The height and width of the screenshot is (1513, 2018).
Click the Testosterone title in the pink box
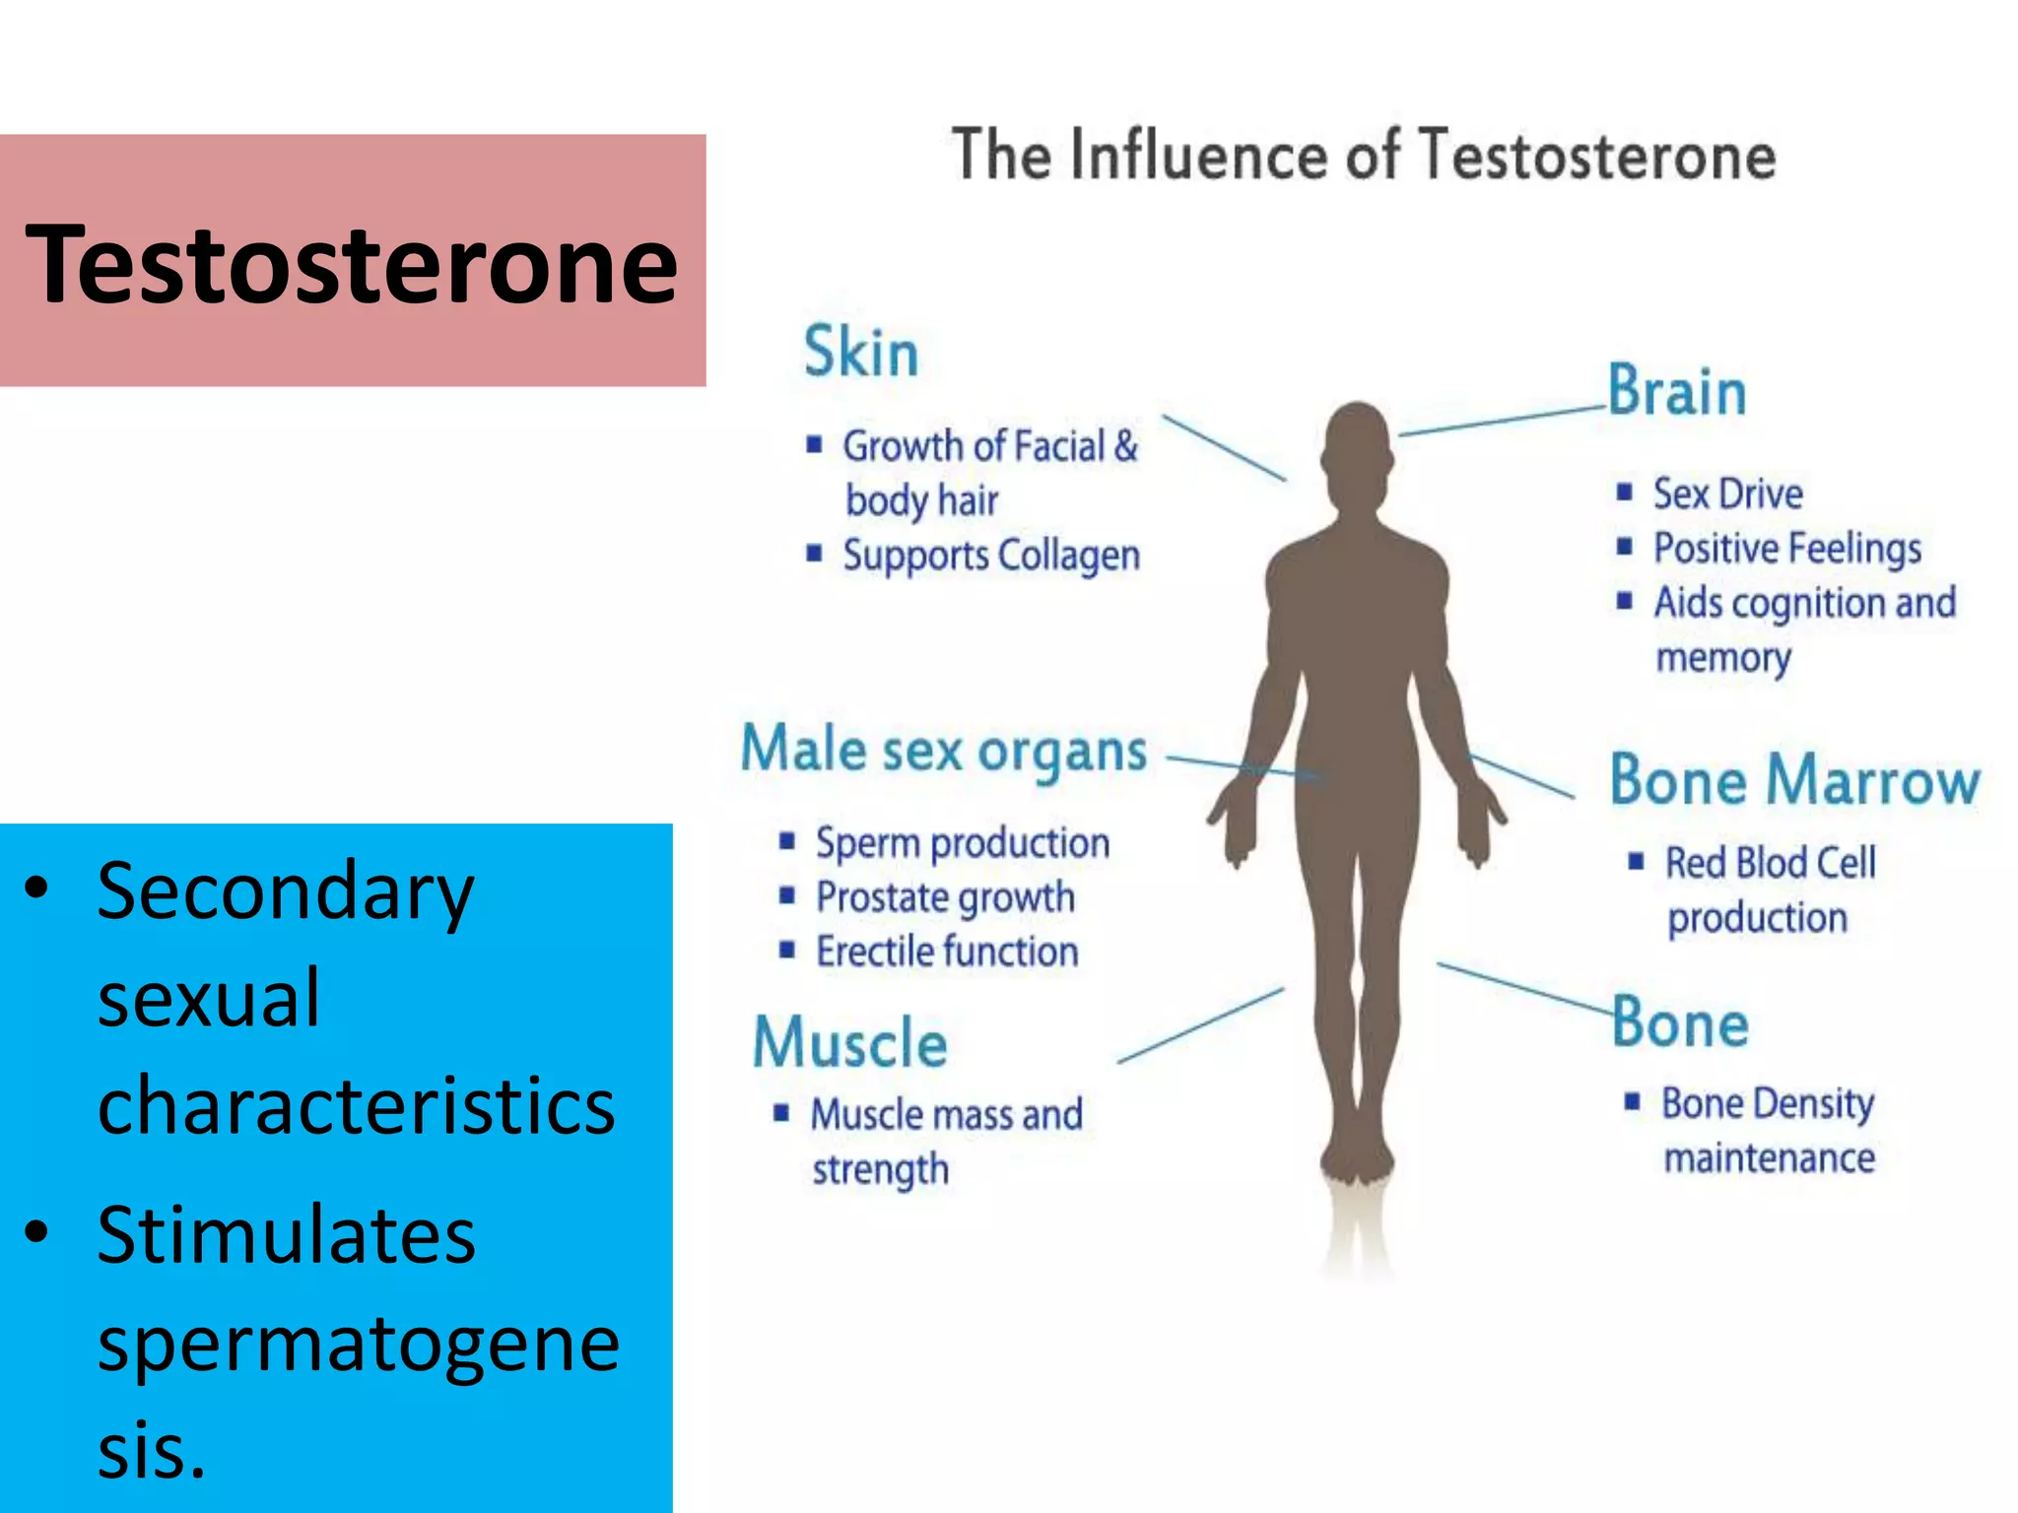coord(352,264)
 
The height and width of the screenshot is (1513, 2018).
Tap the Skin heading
coord(860,352)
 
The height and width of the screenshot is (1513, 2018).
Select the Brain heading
coord(1677,391)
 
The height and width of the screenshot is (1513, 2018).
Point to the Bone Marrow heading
coord(1794,780)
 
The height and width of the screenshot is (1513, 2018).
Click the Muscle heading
coord(850,1042)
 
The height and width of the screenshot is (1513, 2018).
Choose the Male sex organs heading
coord(944,752)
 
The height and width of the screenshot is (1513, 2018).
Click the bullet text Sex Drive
coord(1727,493)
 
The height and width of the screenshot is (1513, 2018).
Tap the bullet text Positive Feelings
coord(1786,548)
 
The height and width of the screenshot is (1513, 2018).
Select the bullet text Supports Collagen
coord(990,556)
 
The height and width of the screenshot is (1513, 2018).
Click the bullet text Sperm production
coord(962,843)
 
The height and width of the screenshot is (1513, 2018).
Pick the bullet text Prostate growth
coord(944,897)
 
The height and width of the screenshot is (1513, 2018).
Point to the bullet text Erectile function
coord(946,952)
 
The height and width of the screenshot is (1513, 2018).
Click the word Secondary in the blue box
coord(286,891)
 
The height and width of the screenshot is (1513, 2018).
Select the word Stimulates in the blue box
coord(286,1235)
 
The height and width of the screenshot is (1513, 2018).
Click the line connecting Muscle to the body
coord(1200,1025)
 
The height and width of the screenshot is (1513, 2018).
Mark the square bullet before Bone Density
coord(1633,1101)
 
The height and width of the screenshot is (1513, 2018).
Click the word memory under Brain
coord(1722,657)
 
